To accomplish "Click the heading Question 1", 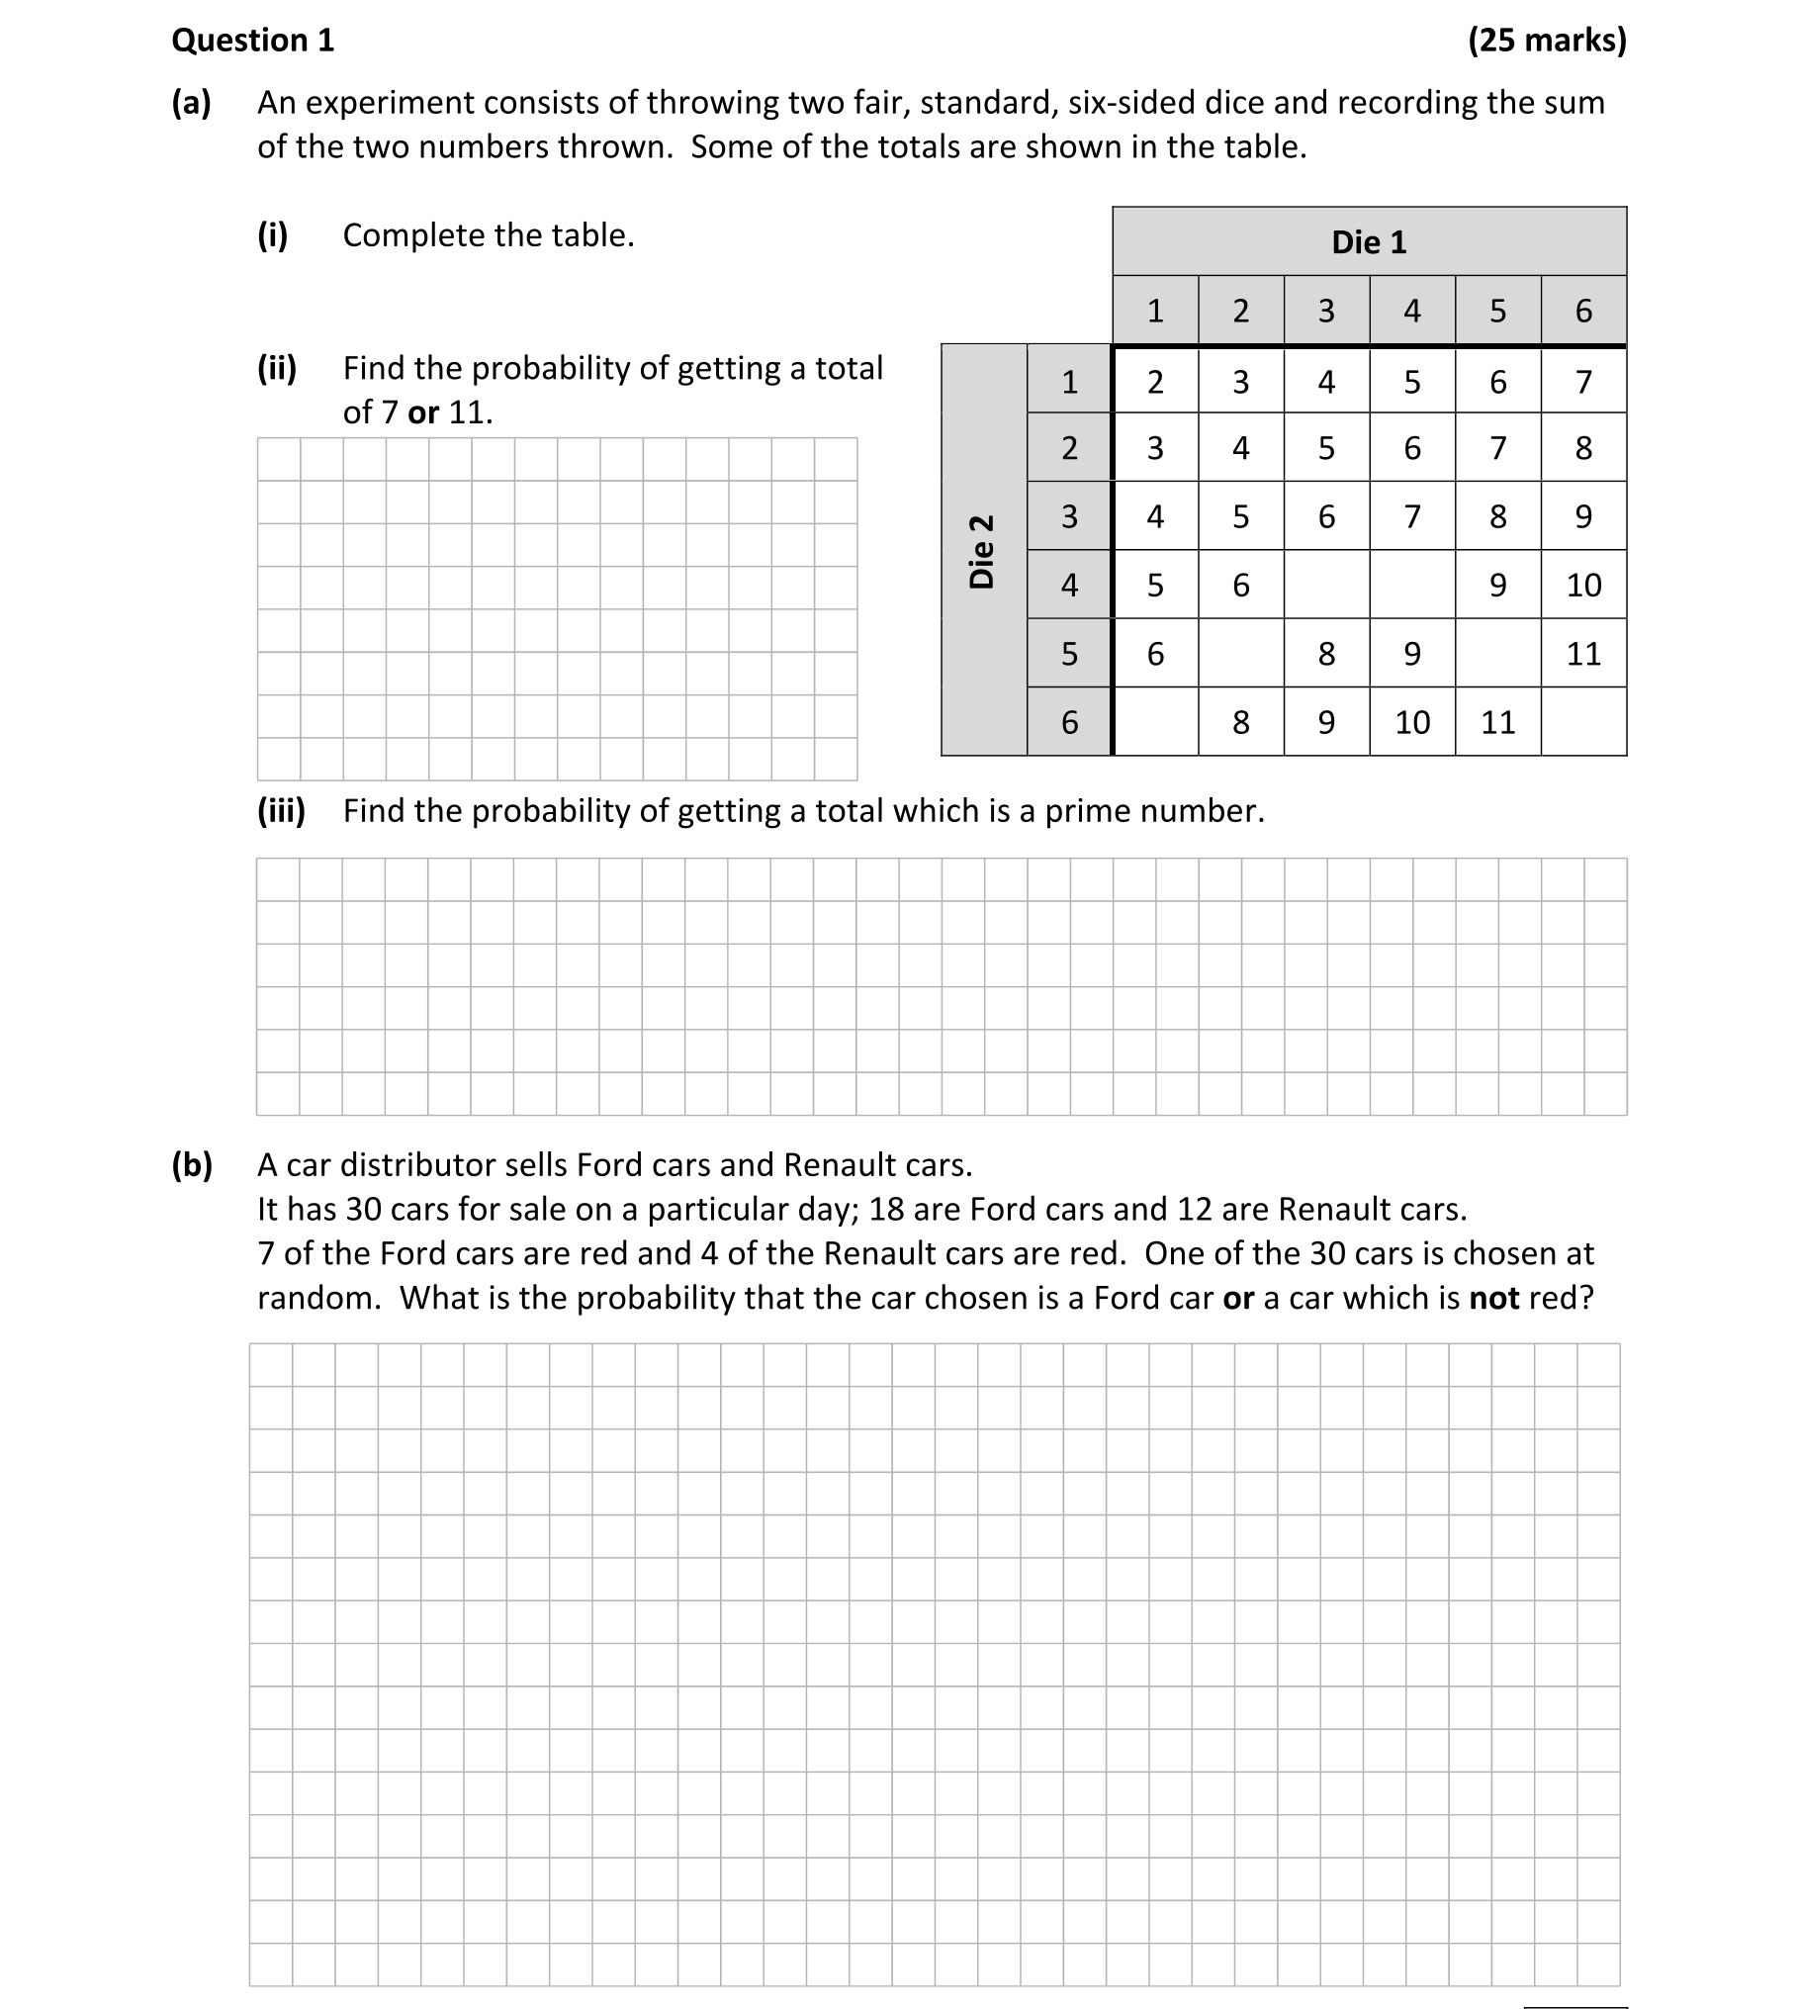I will (x=253, y=41).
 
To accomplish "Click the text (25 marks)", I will (x=1546, y=41).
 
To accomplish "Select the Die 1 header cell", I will (x=1369, y=242).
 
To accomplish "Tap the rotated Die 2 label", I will (x=982, y=551).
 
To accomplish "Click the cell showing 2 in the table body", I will (x=1155, y=382).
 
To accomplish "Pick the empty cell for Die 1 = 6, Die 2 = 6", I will (x=1583, y=722).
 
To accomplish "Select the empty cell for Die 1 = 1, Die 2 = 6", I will (x=1155, y=722).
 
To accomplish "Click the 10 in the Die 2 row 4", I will (x=1583, y=586).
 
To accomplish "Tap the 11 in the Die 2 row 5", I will (x=1583, y=654).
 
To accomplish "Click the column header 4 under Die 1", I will (x=1412, y=312).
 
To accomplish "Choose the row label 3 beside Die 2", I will (x=1069, y=517).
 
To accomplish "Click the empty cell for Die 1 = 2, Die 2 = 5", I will (x=1241, y=654).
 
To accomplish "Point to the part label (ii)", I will (x=277, y=368).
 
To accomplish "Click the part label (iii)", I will (x=282, y=811).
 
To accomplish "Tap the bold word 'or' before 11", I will (x=422, y=412).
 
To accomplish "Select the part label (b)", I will (x=192, y=1165).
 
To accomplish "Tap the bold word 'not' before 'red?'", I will (x=1493, y=1298).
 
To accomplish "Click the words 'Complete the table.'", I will (x=489, y=235).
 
